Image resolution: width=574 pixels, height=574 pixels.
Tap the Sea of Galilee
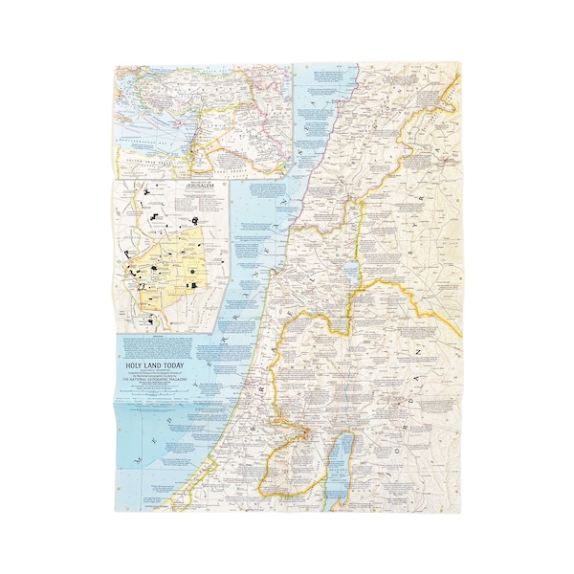pos(352,272)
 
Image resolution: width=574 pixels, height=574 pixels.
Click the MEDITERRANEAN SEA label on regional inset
pos(153,143)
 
